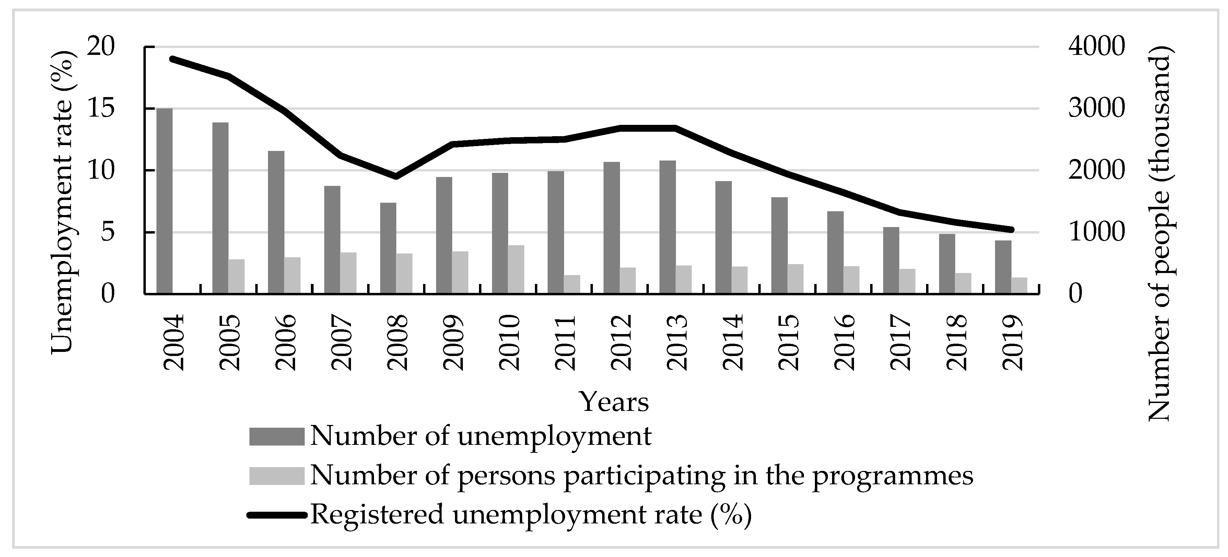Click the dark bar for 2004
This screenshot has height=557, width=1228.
pos(164,201)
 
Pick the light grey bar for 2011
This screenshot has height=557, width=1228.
pos(572,284)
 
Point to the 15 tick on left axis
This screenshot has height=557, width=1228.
pos(102,109)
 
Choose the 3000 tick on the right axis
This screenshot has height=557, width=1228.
pos(1089,109)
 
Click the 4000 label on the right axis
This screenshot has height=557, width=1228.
pos(1089,47)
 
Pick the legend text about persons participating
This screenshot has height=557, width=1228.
pos(642,475)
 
